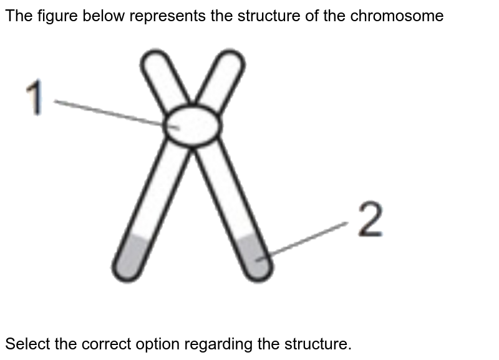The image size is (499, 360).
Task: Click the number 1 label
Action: [x=36, y=99]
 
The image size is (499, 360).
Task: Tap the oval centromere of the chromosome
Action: [x=193, y=125]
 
